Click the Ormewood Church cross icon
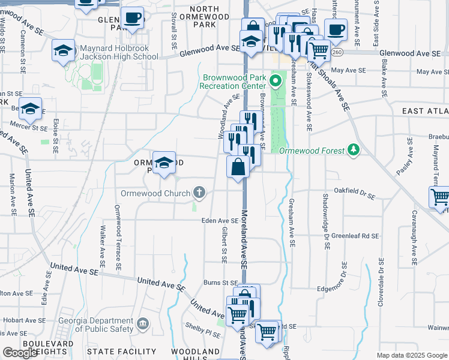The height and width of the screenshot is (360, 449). click(199, 193)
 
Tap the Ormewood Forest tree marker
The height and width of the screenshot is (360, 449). click(354, 149)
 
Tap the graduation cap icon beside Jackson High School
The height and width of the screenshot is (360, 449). click(63, 52)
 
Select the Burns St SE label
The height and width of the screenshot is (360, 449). click(221, 282)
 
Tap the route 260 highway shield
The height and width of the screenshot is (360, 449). click(338, 53)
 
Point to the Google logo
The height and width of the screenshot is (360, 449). click(20, 353)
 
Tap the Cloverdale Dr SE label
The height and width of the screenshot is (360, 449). click(381, 283)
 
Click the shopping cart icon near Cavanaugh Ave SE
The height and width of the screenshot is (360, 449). click(441, 198)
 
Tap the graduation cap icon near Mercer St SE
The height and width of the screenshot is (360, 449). click(30, 110)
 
